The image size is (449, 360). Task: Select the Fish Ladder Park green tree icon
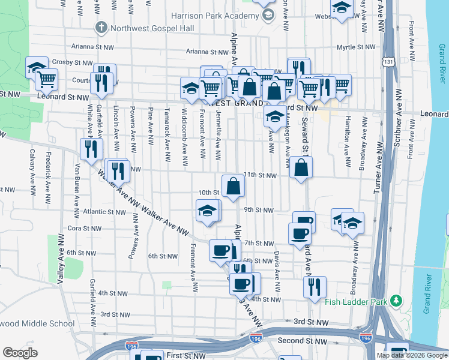tap(396, 300)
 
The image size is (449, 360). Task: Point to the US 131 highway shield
tap(390, 62)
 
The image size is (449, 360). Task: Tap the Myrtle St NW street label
tap(355, 46)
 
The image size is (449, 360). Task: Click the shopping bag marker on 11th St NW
tap(301, 168)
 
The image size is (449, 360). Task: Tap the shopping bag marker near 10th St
tap(232, 186)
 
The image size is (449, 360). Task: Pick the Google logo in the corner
tap(20, 353)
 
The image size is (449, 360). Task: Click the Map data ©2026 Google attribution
tap(412, 355)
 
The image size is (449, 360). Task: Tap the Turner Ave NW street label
tap(377, 168)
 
